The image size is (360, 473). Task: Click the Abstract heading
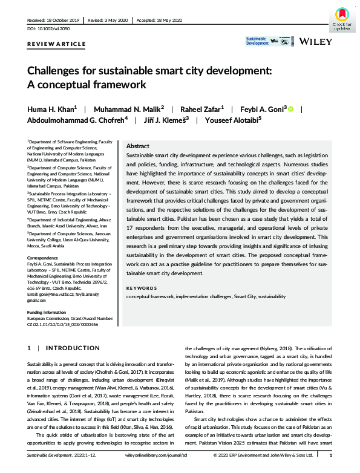tap(137, 146)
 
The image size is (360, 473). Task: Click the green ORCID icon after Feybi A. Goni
tap(290, 109)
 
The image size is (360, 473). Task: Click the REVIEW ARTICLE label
tap(51, 45)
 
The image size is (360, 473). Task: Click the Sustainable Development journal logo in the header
tap(257, 41)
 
